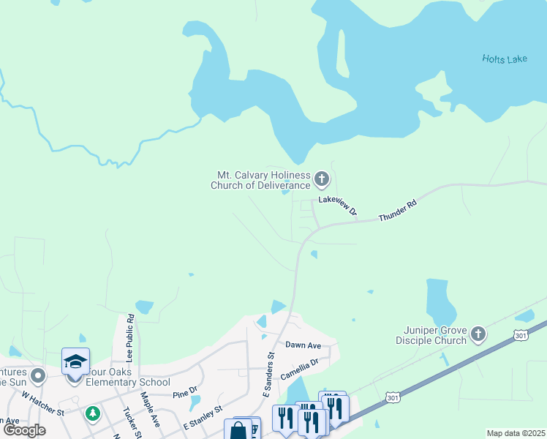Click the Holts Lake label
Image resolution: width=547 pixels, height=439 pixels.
tap(504, 59)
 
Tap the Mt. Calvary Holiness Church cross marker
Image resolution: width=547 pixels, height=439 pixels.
tap(321, 179)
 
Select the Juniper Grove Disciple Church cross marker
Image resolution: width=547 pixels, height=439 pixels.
tap(478, 334)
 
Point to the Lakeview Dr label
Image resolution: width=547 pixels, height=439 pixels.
tap(338, 205)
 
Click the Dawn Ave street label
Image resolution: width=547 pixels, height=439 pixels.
tap(303, 345)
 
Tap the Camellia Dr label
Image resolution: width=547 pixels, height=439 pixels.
tap(300, 367)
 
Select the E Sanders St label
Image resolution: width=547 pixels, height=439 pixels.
tap(268, 375)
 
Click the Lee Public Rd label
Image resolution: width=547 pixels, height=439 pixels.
tap(130, 338)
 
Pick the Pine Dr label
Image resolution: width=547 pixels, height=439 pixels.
tap(186, 393)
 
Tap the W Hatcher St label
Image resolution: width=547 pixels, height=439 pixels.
tap(43, 402)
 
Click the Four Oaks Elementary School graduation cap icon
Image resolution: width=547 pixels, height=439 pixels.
tap(75, 362)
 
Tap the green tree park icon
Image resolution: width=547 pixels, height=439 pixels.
tap(92, 413)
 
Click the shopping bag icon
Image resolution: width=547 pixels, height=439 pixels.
tap(238, 429)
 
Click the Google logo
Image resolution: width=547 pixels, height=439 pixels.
tap(24, 430)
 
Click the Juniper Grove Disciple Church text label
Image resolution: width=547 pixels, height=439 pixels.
tap(431, 335)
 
